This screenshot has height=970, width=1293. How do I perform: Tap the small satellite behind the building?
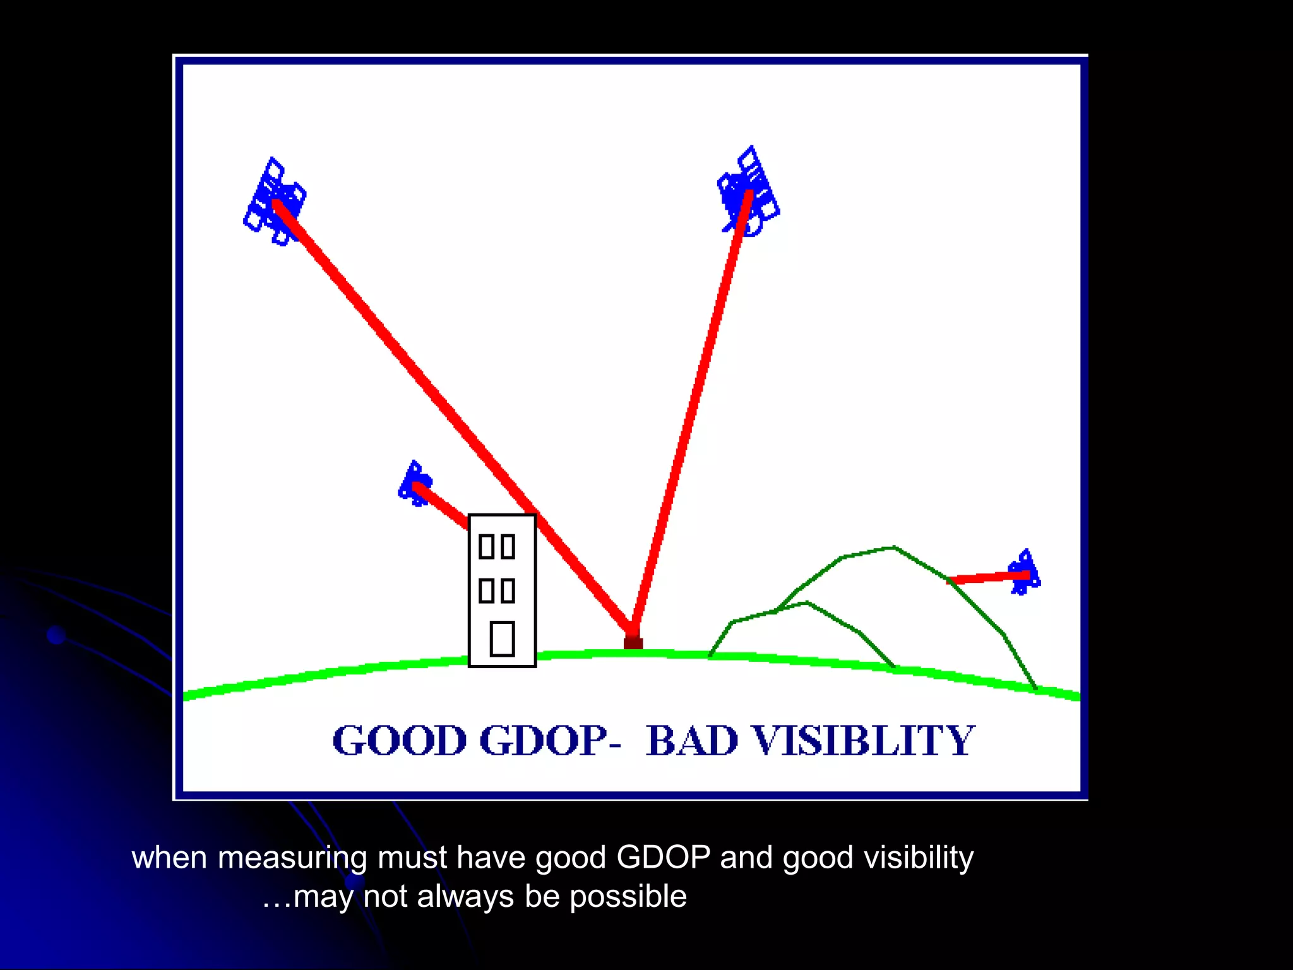[x=415, y=484]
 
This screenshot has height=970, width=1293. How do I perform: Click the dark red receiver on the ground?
[x=633, y=642]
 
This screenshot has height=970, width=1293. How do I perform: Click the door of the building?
[x=503, y=638]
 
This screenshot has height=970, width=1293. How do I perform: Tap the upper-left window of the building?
[x=486, y=546]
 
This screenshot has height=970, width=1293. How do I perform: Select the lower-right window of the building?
[x=508, y=590]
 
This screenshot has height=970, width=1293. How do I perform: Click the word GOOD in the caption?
[x=399, y=740]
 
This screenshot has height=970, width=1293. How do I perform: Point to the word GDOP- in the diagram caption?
[x=549, y=740]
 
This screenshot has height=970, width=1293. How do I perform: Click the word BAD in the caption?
[x=692, y=740]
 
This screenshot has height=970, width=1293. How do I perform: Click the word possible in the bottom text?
[x=628, y=897]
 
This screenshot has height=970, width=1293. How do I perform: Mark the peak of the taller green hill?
[x=893, y=548]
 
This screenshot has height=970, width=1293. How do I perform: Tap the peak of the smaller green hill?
[x=806, y=603]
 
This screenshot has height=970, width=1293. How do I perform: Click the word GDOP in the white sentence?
[x=664, y=858]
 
